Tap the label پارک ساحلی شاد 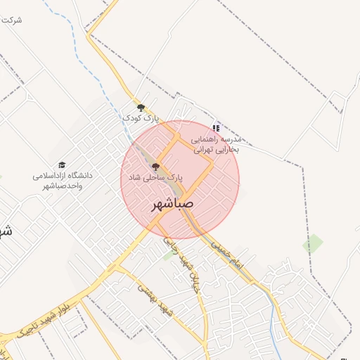point(155,179)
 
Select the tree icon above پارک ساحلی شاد point(155,167)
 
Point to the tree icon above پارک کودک point(141,108)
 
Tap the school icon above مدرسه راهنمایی point(217,128)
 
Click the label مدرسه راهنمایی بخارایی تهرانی point(217,144)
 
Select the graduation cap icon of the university point(62,165)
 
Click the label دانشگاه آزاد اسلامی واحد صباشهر point(62,181)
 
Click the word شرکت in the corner point(11,20)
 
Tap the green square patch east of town point(312,244)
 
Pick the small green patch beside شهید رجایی point(168,256)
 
